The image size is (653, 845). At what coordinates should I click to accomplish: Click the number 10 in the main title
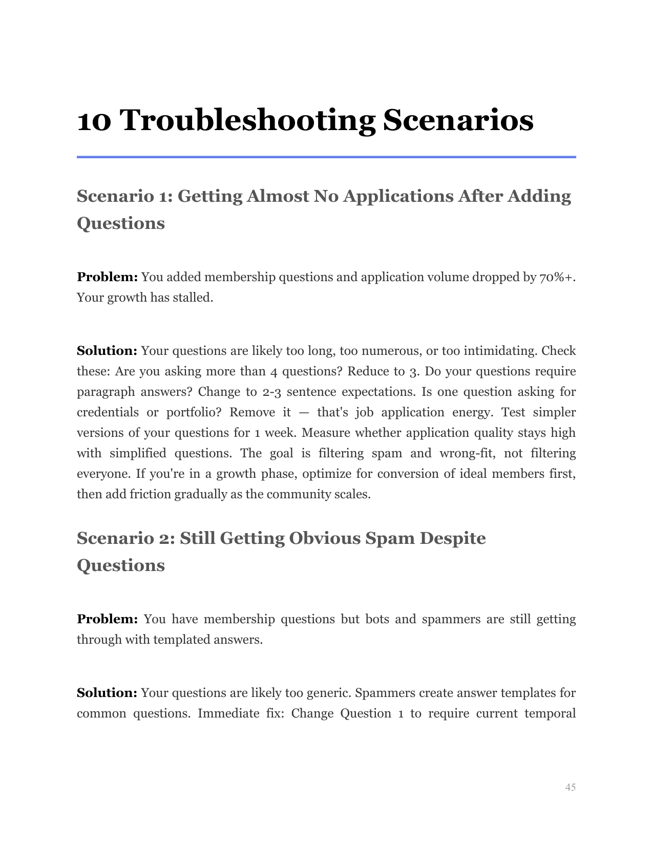tap(94, 121)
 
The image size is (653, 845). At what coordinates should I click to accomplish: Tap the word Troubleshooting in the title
tap(248, 121)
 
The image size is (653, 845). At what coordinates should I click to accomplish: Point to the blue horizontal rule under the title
tap(326, 157)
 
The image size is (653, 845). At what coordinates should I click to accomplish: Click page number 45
tap(570, 787)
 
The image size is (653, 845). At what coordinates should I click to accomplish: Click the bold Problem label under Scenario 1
tap(107, 277)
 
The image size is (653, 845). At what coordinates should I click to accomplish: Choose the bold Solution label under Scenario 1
tap(107, 351)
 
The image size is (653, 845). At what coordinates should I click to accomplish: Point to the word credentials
tap(108, 412)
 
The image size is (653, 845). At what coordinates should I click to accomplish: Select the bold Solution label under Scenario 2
tap(107, 693)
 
